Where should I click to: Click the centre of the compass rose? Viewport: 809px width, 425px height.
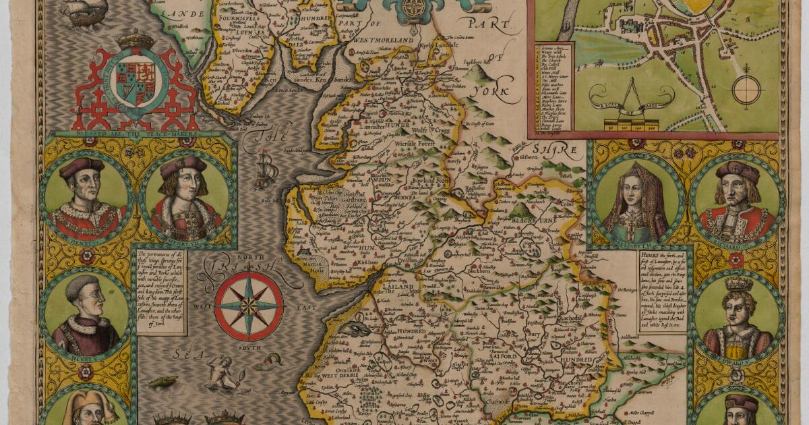(249, 306)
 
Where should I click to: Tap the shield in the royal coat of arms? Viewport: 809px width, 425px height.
(136, 82)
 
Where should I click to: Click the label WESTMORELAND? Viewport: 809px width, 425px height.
(383, 40)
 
